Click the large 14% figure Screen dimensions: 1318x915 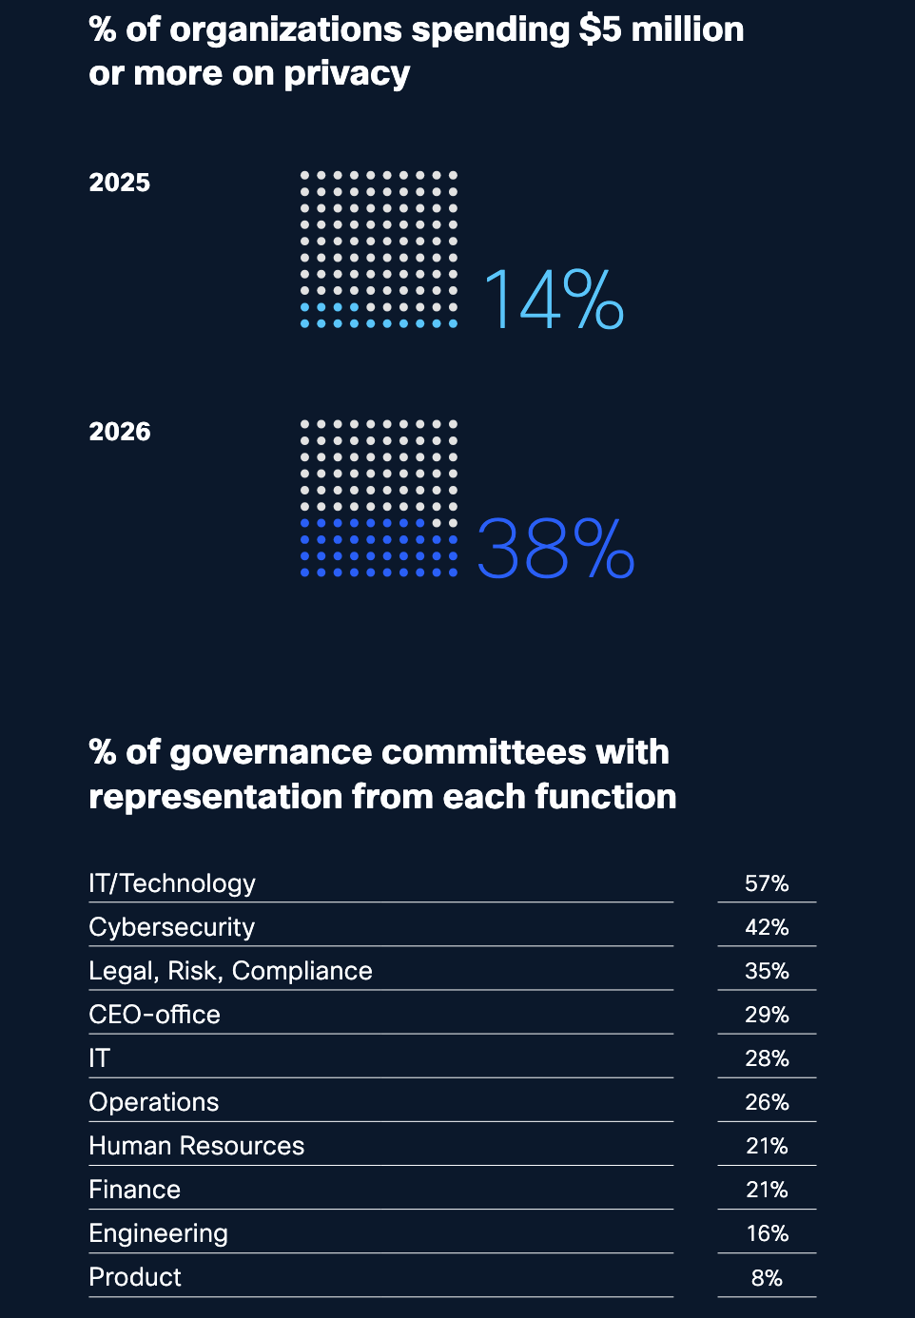(553, 300)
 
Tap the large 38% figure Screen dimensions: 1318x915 (555, 549)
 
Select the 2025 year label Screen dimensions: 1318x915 (120, 183)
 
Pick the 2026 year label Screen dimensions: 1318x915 (120, 432)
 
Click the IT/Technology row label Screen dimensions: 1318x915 (172, 883)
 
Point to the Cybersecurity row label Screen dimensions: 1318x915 (172, 927)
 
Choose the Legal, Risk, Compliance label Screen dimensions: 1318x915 (230, 971)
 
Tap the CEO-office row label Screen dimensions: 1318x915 (154, 1015)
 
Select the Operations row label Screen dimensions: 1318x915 (154, 1102)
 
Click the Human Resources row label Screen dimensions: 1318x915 (197, 1146)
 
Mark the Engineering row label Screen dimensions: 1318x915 (158, 1233)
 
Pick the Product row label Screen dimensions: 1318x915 (135, 1277)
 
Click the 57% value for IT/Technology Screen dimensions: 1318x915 (767, 883)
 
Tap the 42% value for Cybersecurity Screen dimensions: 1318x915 (767, 927)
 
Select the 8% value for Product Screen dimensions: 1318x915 (767, 1278)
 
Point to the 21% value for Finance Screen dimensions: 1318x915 (767, 1190)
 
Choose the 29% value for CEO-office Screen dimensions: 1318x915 (767, 1015)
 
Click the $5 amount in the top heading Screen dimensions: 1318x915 (600, 30)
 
